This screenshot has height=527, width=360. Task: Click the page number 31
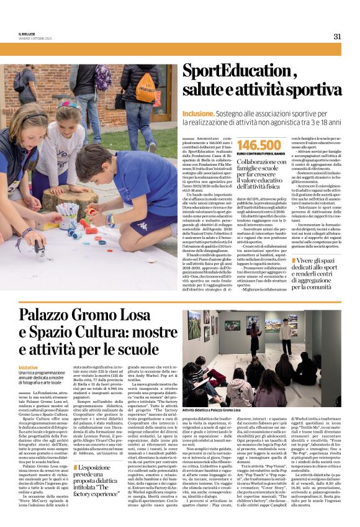pyautogui.click(x=337, y=36)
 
